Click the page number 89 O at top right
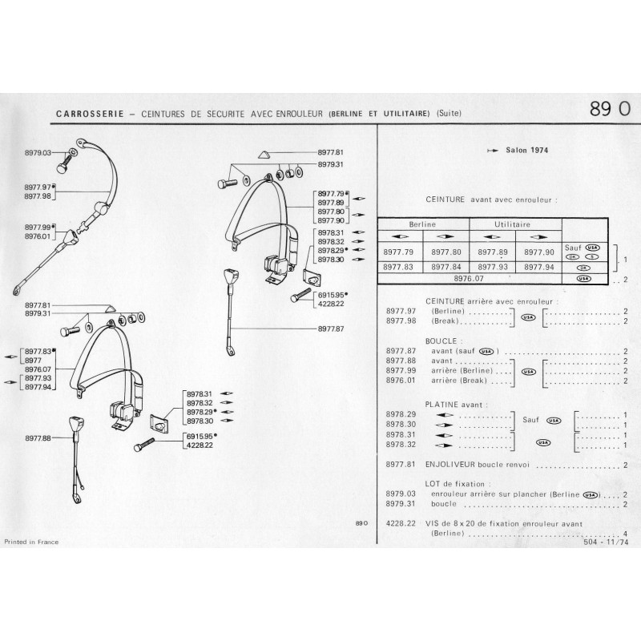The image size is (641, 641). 609,110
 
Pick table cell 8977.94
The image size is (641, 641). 539,268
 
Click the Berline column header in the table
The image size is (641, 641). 422,225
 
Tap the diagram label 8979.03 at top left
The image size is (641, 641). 38,152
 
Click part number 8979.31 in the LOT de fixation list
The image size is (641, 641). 398,505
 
